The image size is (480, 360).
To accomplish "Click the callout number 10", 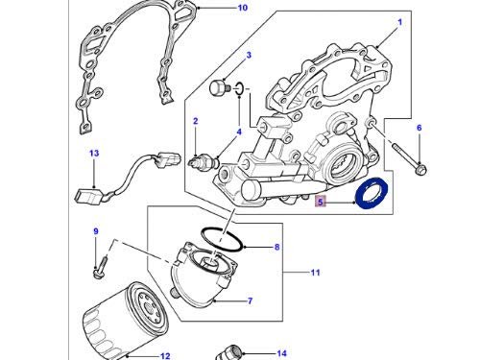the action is (243, 8).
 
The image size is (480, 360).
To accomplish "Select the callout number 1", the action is (399, 22).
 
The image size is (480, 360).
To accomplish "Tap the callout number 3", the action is (249, 55).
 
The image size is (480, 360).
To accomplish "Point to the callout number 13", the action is (94, 154).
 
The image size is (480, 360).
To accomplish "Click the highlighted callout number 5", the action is (321, 202).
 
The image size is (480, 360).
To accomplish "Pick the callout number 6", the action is (420, 128).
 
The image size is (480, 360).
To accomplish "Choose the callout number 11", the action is (316, 273).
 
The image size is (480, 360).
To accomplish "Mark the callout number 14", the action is (281, 353).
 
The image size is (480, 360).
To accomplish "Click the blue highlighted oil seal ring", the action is (372, 193).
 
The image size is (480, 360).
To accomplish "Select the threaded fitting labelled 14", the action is (228, 352).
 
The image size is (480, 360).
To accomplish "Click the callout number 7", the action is (250, 300).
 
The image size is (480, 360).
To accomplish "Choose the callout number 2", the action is (196, 121).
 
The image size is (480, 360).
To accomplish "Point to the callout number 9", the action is (96, 231).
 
